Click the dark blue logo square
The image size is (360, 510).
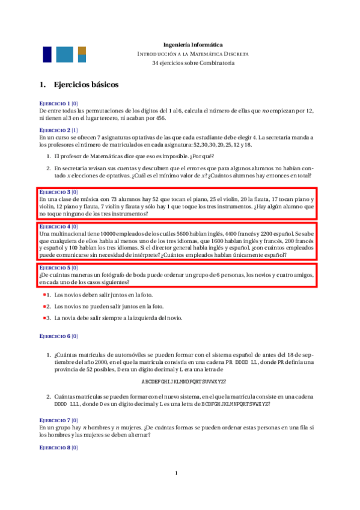pyautogui.click(x=46, y=55)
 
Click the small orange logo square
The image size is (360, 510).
pyautogui.click(x=82, y=50)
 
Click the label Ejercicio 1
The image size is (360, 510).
pyautogui.click(x=55, y=103)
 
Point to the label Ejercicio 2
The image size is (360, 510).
pyautogui.click(x=55, y=130)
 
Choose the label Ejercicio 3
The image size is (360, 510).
pyautogui.click(x=55, y=191)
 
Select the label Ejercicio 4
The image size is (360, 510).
pyautogui.click(x=55, y=226)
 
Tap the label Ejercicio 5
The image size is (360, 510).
pyautogui.click(x=55, y=267)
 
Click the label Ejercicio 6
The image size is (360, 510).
pyautogui.click(x=55, y=336)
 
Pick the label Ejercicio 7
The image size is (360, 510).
pyautogui.click(x=55, y=419)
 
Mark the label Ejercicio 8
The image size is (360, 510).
pyautogui.click(x=55, y=449)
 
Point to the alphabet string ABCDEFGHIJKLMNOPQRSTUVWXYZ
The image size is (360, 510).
pyautogui.click(x=184, y=381)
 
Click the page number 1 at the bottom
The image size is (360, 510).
pyautogui.click(x=177, y=473)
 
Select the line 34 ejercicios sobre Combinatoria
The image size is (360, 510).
pyautogui.click(x=193, y=63)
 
